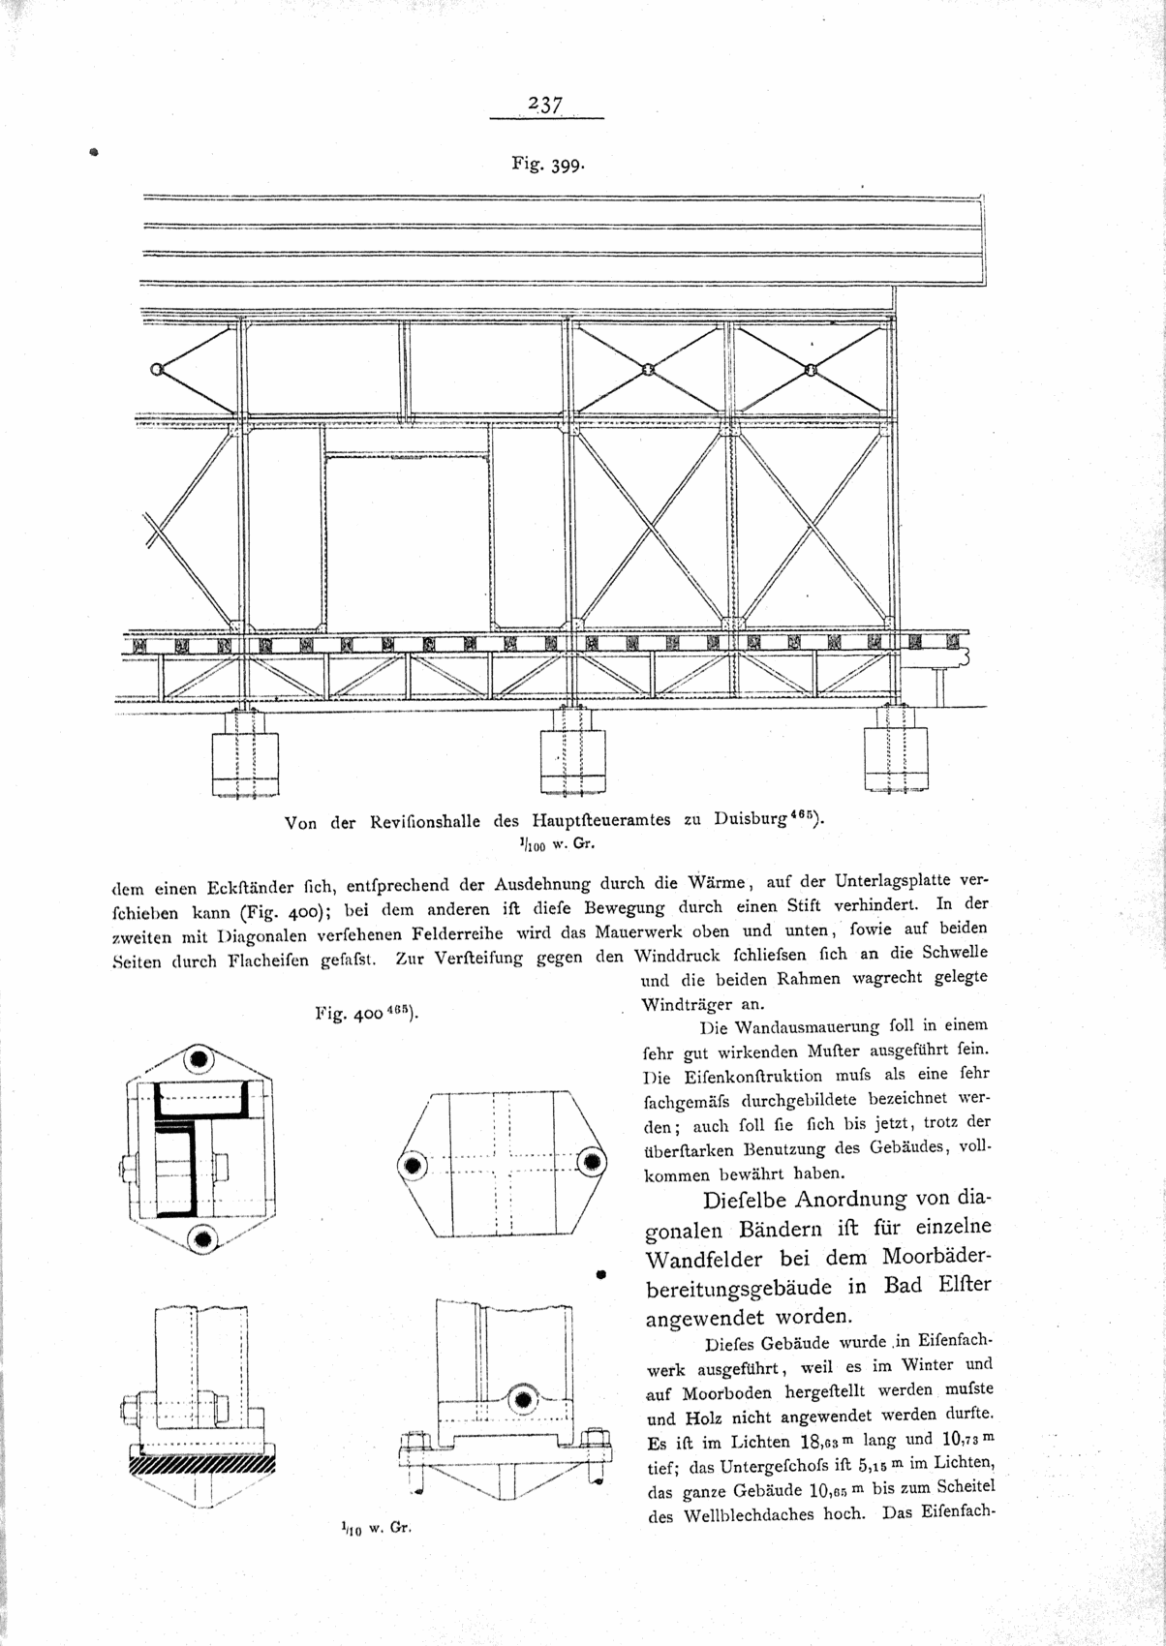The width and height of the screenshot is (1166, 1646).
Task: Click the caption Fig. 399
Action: click(x=547, y=165)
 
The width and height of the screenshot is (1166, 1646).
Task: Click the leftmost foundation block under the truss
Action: click(x=245, y=754)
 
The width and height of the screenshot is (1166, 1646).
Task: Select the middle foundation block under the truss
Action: click(x=572, y=753)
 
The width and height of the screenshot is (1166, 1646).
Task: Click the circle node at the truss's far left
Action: click(x=156, y=369)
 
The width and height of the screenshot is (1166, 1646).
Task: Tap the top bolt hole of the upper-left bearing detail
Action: click(x=200, y=1060)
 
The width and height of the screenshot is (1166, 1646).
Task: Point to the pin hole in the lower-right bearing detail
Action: click(x=525, y=1399)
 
